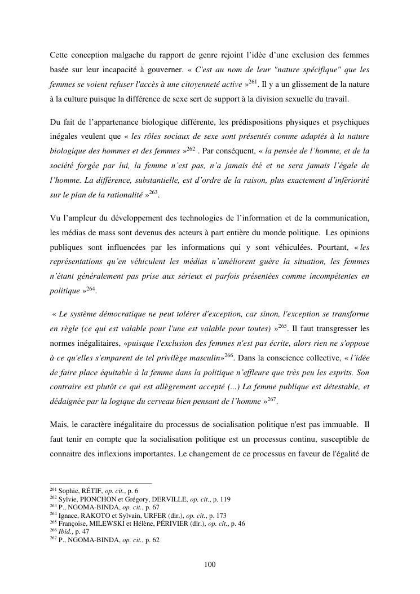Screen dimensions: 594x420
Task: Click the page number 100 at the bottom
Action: coord(210,565)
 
